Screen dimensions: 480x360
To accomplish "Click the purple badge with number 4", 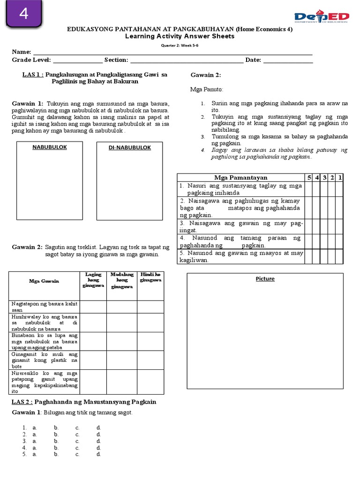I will (23, 14).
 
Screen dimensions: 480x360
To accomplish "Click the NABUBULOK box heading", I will (49, 147).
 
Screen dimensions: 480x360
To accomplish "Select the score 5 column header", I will (309, 178).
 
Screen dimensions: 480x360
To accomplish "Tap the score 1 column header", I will (340, 178).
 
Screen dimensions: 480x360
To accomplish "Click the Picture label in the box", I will (265, 279).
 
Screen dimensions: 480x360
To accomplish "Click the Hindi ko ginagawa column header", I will (150, 277).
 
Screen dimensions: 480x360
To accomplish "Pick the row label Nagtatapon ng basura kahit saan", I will (45, 307).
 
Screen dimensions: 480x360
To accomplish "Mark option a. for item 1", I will (35, 428).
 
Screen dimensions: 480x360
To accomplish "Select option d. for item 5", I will (98, 454).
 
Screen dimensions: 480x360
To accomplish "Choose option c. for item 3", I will (77, 441).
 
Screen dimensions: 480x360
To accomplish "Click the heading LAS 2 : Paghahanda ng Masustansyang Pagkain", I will (83, 402).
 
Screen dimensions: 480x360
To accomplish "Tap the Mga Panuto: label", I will (207, 89).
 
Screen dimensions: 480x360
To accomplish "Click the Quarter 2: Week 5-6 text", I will (180, 45).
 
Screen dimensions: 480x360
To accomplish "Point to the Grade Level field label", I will (31, 60).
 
